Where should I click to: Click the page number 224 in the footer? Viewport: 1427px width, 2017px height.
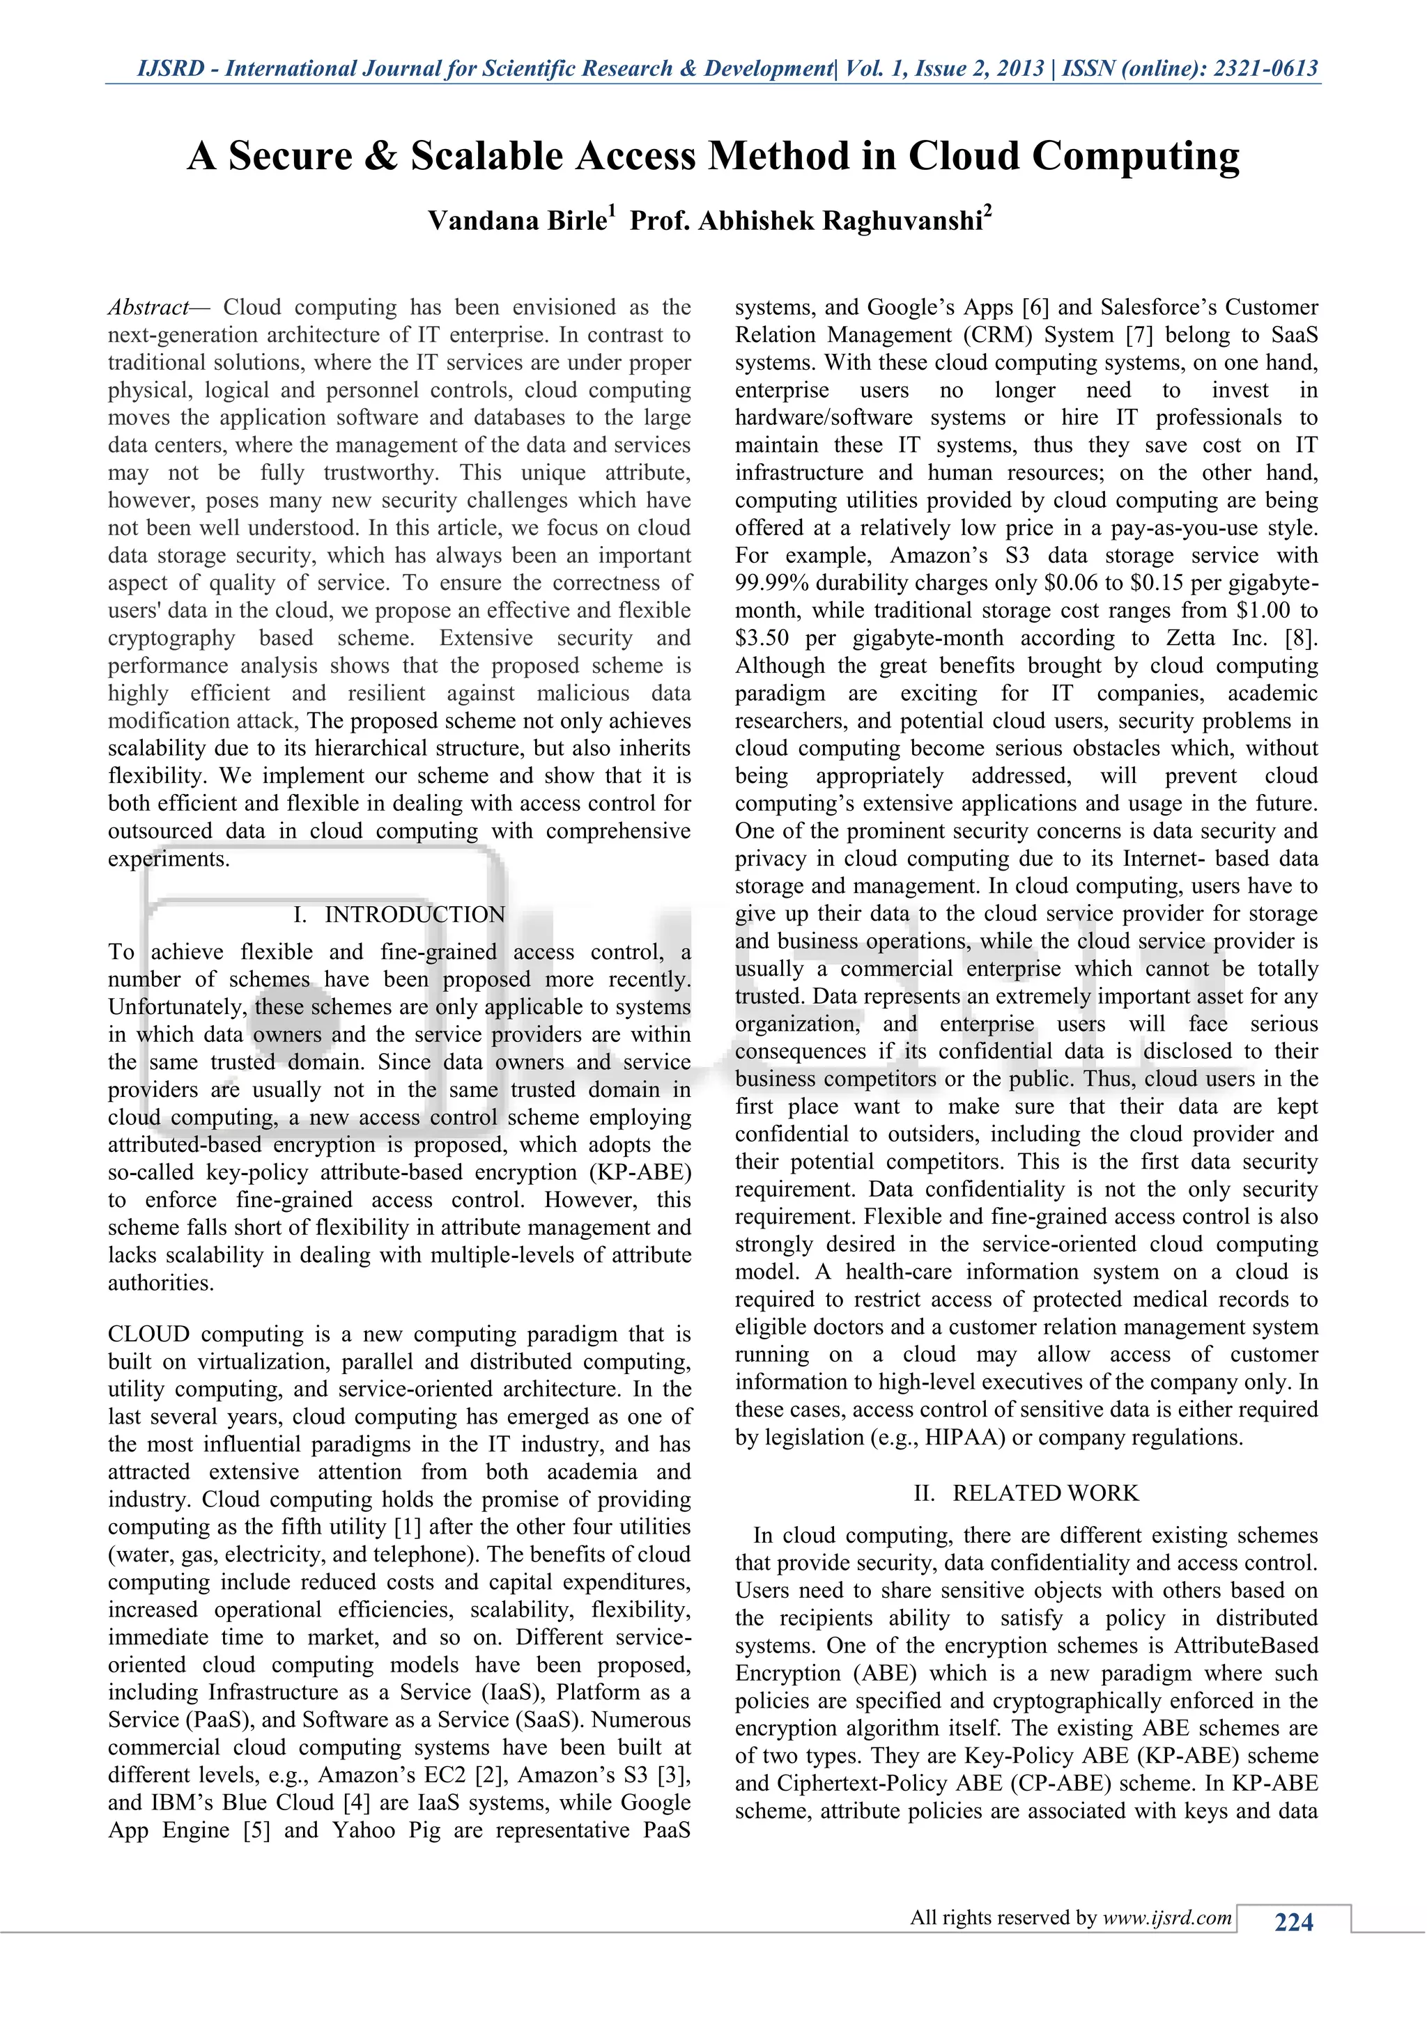pyautogui.click(x=1293, y=1922)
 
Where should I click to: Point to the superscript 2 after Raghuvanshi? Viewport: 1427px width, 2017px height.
pyautogui.click(x=987, y=211)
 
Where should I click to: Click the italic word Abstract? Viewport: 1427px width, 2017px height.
pyautogui.click(x=148, y=307)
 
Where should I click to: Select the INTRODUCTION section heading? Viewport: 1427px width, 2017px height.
pyautogui.click(x=415, y=914)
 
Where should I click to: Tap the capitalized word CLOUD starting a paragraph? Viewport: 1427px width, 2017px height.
pyautogui.click(x=148, y=1334)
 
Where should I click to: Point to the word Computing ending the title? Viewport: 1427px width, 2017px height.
pyautogui.click(x=1135, y=157)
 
